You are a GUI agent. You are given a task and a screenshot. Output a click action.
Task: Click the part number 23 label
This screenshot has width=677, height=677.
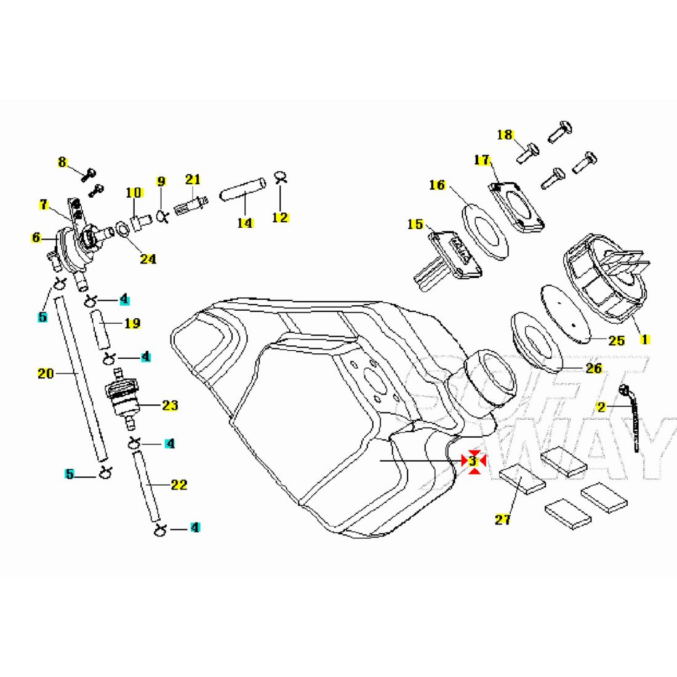pos(170,405)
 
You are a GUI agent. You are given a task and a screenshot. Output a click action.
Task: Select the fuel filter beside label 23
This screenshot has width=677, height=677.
pos(122,400)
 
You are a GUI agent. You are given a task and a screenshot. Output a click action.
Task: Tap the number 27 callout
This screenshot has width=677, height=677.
pos(503,519)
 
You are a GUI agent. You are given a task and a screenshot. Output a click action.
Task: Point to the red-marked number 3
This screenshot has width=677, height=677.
pos(473,461)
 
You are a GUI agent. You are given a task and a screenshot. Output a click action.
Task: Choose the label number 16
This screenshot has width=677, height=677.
pos(437,185)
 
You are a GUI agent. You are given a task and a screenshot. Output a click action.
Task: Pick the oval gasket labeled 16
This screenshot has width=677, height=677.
pos(485,232)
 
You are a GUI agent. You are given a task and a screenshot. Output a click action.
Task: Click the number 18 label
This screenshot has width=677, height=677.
pos(505,135)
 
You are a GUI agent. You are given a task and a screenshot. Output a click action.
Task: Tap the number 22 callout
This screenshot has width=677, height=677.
pos(179,485)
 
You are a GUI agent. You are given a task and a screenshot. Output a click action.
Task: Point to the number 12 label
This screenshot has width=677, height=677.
pos(280,217)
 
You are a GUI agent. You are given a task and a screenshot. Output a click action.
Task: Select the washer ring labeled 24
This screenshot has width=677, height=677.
pos(122,229)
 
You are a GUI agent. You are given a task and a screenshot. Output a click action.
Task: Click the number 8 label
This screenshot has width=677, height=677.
pos(62,162)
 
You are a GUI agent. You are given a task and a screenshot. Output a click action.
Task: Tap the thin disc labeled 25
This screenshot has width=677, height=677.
pos(565,314)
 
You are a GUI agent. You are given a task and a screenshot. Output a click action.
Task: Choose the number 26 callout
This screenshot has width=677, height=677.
pos(594,368)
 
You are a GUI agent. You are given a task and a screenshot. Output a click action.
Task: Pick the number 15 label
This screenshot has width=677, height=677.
pos(415,225)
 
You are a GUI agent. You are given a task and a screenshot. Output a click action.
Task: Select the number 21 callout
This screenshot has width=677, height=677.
pos(193,179)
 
